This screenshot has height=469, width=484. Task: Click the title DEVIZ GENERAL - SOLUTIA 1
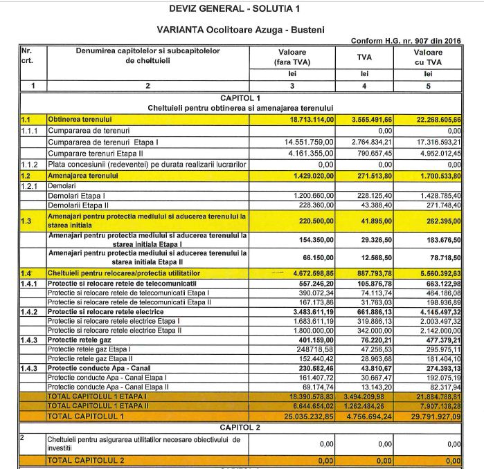point(241,10)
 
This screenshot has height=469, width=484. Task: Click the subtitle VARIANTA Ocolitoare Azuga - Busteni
point(240,30)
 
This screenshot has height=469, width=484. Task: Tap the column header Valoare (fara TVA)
point(292,57)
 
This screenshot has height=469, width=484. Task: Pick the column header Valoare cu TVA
point(427,57)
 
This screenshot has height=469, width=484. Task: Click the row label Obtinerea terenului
point(75,120)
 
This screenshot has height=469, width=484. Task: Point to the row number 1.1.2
point(32,165)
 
